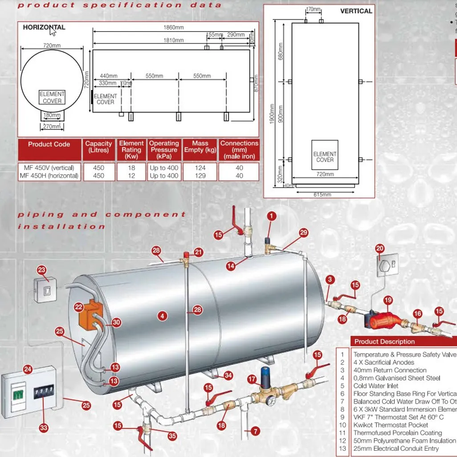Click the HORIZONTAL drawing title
tap(44, 27)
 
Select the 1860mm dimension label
tap(174, 28)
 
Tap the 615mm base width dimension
tap(322, 194)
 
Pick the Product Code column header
tap(49, 144)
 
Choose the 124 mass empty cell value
tap(200, 168)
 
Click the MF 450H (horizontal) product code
tap(49, 176)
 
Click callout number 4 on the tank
tap(162, 316)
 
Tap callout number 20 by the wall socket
tap(379, 249)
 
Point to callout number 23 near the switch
tap(41, 269)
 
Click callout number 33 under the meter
tap(43, 428)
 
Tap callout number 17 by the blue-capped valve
tap(252, 379)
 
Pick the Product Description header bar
tap(403, 342)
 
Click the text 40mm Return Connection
tap(390, 370)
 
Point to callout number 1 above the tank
tap(271, 216)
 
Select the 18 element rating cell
tap(131, 168)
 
